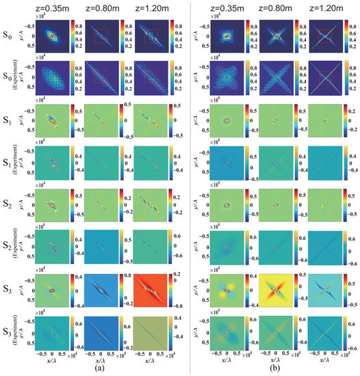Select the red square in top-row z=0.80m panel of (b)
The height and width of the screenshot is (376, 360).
[274, 32]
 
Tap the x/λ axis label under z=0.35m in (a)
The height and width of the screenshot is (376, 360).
[49, 360]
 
